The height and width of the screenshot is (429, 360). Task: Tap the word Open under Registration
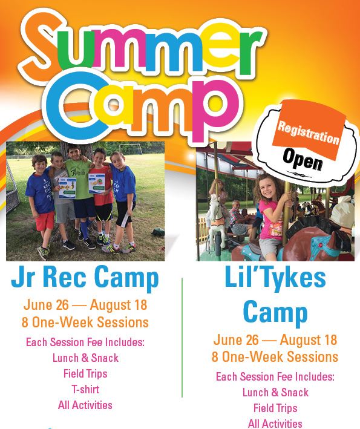[303, 160]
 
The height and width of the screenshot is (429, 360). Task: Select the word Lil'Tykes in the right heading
[275, 279]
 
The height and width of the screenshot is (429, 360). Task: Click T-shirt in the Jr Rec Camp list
[85, 389]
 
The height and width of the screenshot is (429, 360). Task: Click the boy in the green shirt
[76, 182]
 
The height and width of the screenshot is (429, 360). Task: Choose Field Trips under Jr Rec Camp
[85, 373]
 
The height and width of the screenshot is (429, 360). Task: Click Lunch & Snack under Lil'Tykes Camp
[275, 392]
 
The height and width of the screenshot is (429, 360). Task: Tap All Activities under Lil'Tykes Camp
[275, 424]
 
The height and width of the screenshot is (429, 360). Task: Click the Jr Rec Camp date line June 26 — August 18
[85, 305]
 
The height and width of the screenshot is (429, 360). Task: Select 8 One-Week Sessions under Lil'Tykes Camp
[275, 356]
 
